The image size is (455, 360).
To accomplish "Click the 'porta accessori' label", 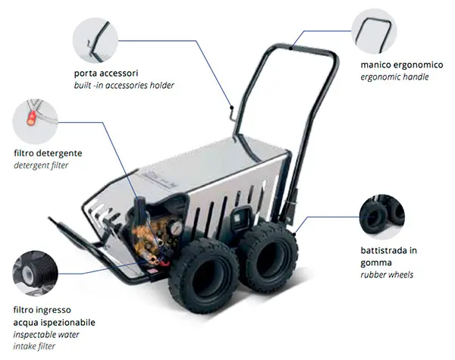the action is pos(106,73).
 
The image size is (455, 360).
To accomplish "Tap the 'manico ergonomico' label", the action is pos(402,64).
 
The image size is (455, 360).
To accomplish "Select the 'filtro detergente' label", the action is pos(48,153).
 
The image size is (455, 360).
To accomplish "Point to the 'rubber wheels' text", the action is pos(387,274).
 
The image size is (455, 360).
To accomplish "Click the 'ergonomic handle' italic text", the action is pos(394,77).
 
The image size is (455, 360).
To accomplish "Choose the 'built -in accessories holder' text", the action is pos(124,86).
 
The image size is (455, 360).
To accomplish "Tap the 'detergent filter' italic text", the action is pos(41,165).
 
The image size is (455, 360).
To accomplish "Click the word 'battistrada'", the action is pos(384,250).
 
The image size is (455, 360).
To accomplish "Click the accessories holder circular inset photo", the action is pos(96,40).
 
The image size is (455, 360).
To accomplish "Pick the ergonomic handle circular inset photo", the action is pos(374,31).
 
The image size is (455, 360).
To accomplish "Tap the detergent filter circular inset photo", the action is pos(35,121).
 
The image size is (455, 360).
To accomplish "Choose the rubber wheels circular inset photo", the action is pos(382,217).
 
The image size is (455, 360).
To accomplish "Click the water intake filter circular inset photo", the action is pos(35,274).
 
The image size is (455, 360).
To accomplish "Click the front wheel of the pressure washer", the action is pos(205,276).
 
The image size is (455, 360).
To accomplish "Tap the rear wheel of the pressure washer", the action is pos(268,257).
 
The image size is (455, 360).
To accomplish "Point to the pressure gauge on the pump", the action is pos(176,228).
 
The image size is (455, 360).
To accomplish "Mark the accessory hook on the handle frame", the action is pos(233,112).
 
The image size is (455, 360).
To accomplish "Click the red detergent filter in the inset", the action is pos(31,117).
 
